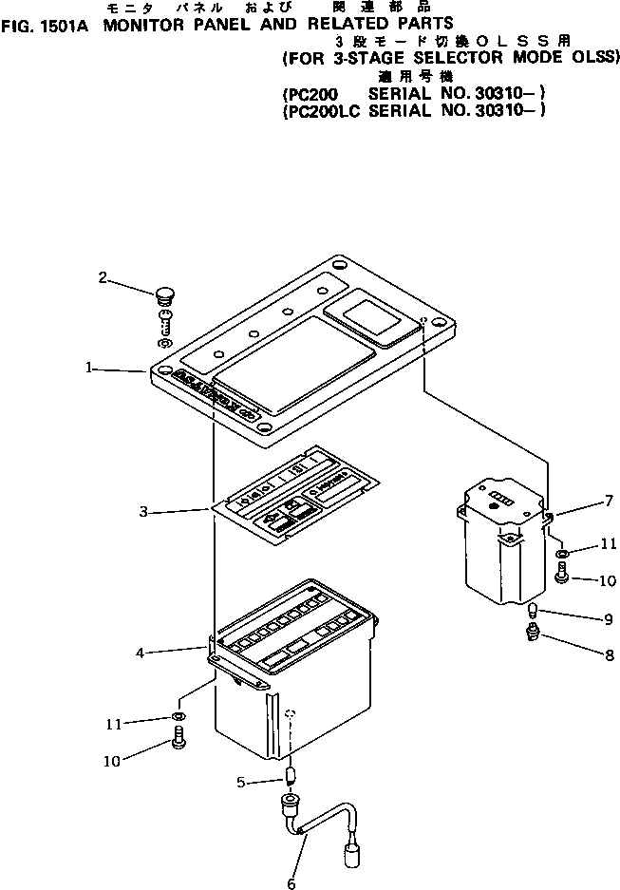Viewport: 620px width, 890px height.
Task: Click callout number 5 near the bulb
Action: point(241,782)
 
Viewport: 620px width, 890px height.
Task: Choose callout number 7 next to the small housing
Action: point(609,500)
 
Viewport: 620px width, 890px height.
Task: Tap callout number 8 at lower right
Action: point(609,654)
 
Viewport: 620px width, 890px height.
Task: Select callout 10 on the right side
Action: point(608,579)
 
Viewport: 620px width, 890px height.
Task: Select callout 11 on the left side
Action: point(115,723)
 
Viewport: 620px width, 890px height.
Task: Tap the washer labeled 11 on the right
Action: point(561,553)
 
